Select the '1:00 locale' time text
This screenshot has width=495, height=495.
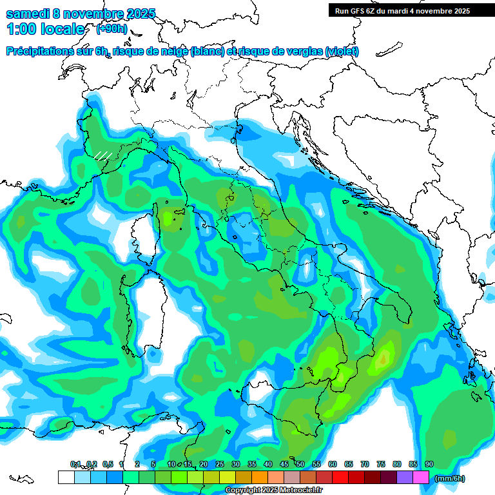coord(45,29)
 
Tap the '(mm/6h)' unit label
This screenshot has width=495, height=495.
coord(449,478)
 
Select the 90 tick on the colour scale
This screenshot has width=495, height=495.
coord(429,465)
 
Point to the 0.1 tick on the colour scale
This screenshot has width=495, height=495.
coord(75,465)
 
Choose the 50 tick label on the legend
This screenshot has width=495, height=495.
coord(300,465)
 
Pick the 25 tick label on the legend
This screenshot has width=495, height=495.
coord(220,465)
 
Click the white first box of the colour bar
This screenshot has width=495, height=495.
coord(66,477)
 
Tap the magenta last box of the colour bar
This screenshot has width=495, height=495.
coord(421,477)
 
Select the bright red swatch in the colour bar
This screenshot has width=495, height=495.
coord(340,477)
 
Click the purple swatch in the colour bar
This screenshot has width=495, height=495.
coord(405,477)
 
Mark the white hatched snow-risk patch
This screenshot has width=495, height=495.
coord(102,155)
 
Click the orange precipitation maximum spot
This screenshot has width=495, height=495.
coord(385,356)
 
